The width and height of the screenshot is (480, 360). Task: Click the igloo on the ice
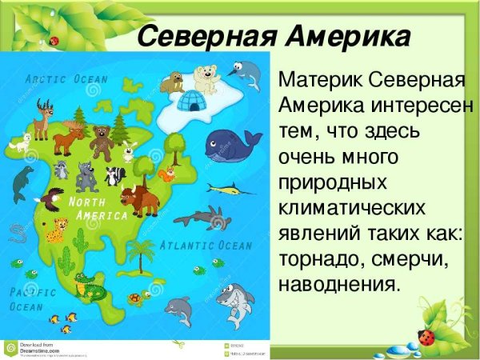191,102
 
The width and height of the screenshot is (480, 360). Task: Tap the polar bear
207,79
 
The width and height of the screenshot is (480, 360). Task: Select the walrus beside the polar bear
172,82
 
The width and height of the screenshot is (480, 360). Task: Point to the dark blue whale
230,145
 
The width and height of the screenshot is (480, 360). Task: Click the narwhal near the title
249,75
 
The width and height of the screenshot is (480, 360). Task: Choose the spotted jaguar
55,230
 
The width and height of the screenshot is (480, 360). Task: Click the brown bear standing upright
102,142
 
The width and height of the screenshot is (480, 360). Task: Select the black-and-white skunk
116,175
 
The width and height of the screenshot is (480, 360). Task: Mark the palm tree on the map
141,254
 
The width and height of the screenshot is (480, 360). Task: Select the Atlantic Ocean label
206,245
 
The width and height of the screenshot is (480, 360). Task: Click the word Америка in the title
343,37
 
